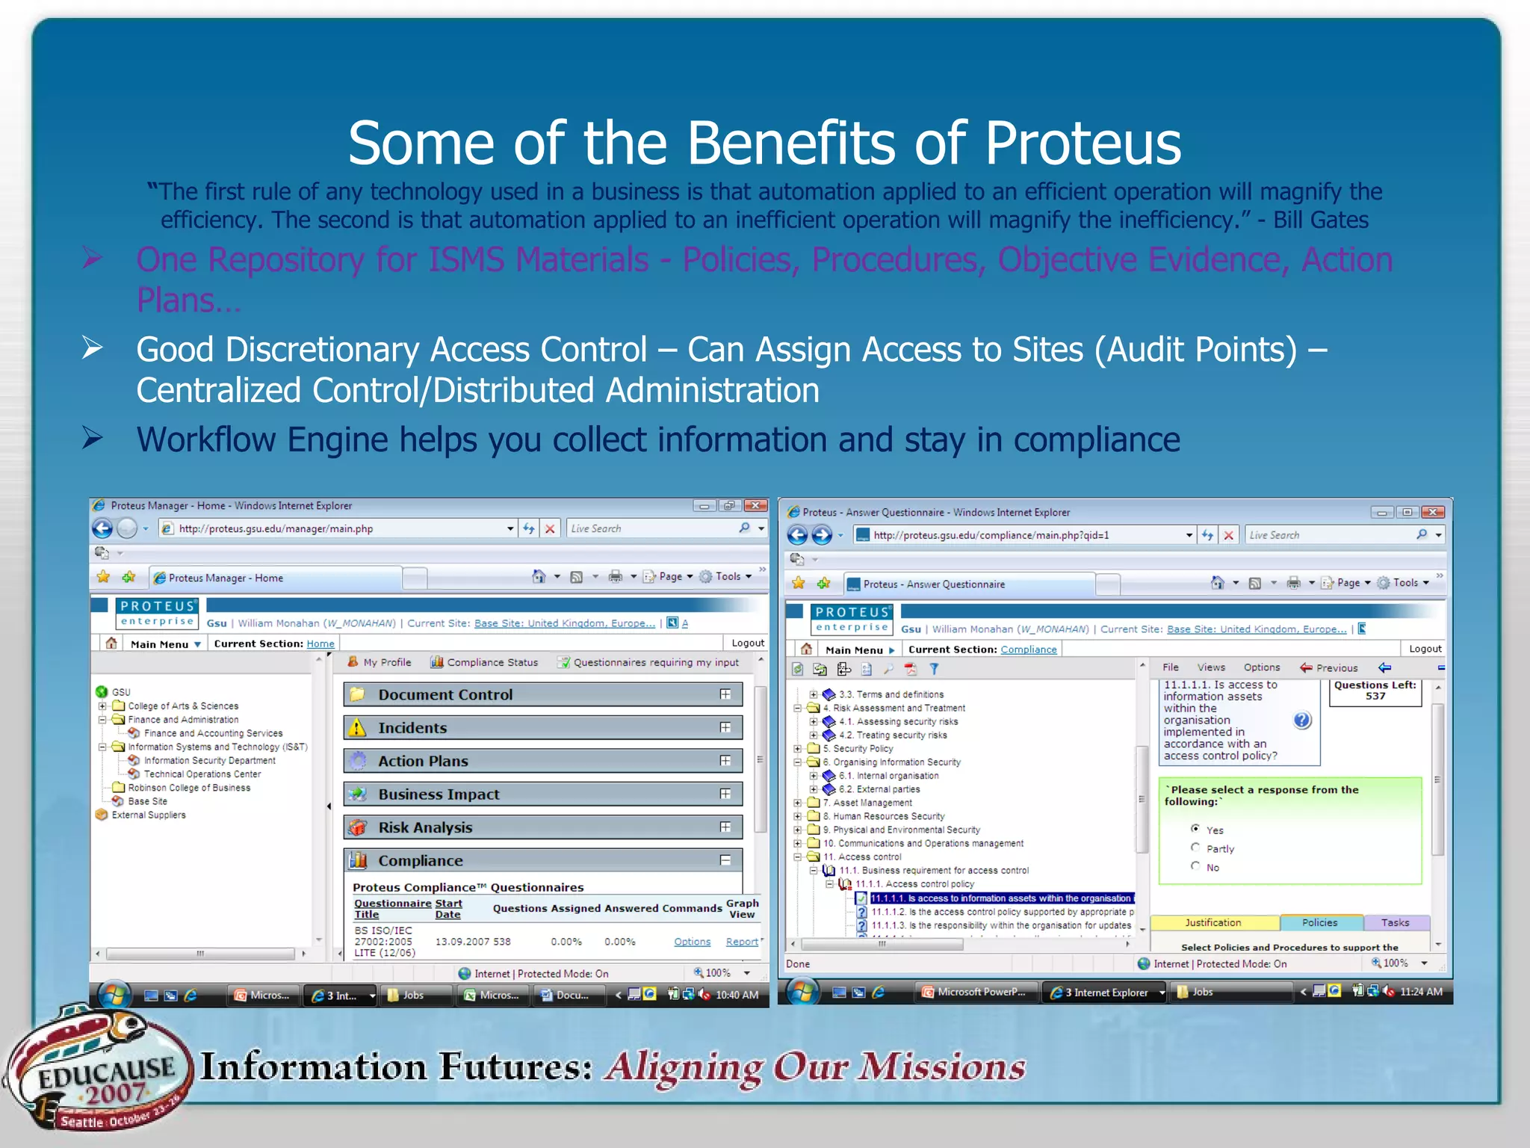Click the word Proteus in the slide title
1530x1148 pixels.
click(1083, 143)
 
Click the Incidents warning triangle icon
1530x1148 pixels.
click(358, 728)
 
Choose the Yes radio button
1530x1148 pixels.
click(1195, 829)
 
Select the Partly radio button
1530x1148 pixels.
click(1195, 848)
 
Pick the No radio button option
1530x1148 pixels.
click(1195, 866)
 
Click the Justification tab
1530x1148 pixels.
click(1213, 923)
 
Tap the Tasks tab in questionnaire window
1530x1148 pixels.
click(1395, 923)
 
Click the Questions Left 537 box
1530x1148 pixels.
click(1375, 691)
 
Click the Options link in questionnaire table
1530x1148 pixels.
click(692, 942)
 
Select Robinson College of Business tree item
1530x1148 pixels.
click(189, 788)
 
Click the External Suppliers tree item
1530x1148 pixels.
click(149, 815)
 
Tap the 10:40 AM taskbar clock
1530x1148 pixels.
click(737, 995)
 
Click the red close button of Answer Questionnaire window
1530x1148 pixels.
click(1432, 512)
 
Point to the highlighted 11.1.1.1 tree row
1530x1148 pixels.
click(1001, 898)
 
